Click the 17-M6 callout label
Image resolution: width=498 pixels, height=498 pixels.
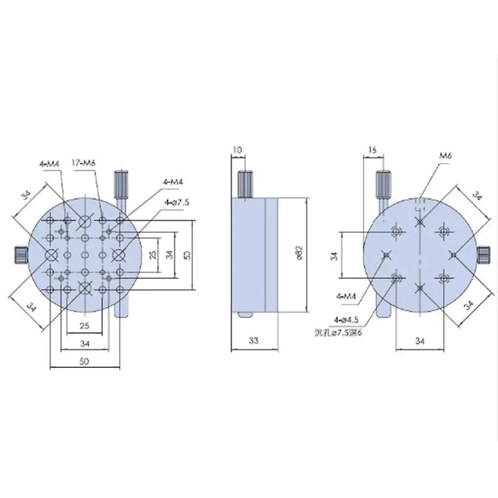tap(84, 163)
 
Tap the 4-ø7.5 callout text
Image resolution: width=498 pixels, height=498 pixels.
tap(177, 202)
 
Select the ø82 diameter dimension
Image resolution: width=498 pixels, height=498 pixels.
tap(299, 254)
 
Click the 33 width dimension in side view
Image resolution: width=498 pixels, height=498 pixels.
tap(253, 341)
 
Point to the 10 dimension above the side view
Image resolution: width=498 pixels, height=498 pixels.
tap(237, 149)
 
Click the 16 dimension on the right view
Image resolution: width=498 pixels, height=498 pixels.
tap(372, 149)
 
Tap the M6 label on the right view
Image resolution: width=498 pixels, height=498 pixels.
tap(445, 156)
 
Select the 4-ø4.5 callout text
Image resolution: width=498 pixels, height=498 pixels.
tap(346, 320)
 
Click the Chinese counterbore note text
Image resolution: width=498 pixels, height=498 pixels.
tap(338, 332)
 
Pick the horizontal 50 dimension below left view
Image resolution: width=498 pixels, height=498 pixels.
tap(84, 361)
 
